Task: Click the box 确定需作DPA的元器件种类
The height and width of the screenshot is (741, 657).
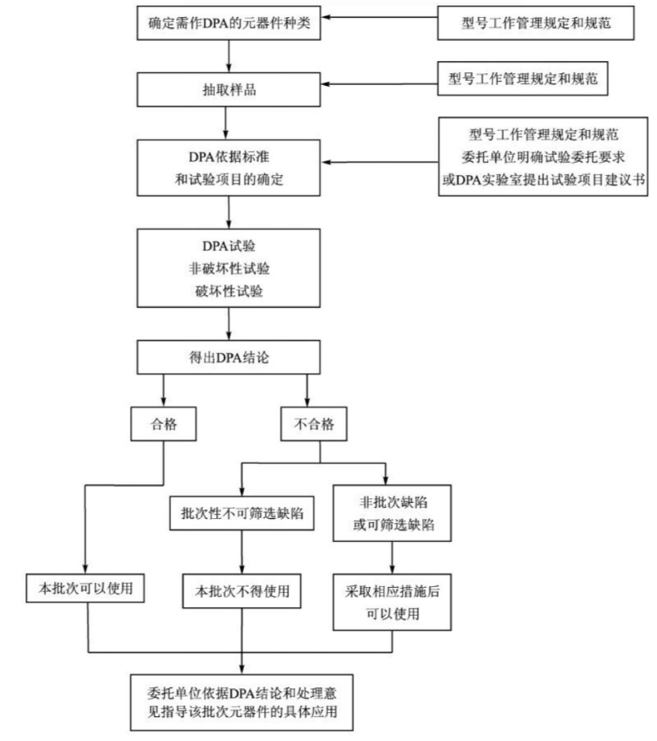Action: pos(229,23)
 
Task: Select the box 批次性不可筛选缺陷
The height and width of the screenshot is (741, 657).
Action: pos(244,513)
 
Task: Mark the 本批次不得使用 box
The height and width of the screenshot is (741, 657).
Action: pos(244,590)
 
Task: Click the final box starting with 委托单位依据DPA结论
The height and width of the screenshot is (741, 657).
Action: pos(244,701)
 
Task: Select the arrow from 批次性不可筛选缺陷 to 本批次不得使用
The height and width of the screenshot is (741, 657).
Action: pos(244,552)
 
